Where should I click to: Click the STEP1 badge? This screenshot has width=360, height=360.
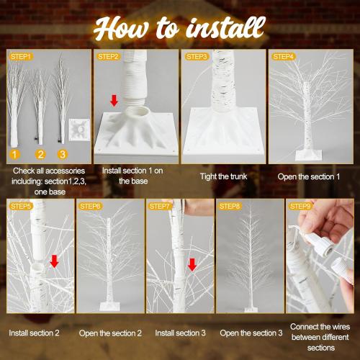coord(21,57)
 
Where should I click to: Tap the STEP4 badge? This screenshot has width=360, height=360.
coord(283,57)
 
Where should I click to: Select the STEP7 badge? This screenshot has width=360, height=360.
coord(159,206)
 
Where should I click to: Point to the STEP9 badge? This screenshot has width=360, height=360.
coord(300,206)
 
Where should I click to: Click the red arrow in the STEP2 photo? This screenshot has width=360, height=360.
coord(114,101)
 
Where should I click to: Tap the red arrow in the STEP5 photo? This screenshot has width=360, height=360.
coord(55,261)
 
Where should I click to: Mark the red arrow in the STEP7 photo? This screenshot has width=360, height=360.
coord(192,264)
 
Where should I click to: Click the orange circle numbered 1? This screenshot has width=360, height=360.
coord(14,154)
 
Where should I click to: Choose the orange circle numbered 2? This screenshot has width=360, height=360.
coord(40,154)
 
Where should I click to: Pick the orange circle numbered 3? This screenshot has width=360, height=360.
coord(63,154)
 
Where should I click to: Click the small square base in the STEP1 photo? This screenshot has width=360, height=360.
coord(79,130)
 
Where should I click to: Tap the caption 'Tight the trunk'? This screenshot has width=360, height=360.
coord(223,176)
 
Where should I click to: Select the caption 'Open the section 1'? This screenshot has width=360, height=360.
coord(309,176)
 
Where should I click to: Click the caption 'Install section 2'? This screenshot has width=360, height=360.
coord(34,333)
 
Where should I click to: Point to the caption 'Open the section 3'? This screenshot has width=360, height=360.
coord(251,333)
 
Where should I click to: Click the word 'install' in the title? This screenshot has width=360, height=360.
coord(225,27)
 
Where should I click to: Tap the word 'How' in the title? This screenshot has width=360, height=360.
coord(121,29)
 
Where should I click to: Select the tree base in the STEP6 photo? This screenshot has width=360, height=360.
coord(109,306)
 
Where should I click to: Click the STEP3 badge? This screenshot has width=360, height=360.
coord(197,57)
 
